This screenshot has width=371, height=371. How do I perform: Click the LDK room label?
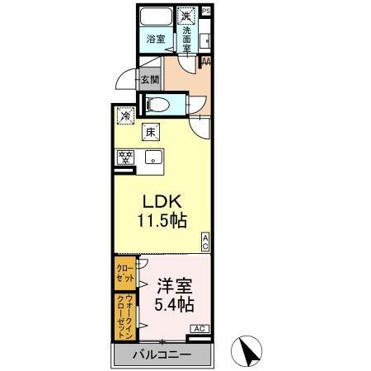[x=162, y=203]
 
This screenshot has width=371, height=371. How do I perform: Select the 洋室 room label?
[x=174, y=287]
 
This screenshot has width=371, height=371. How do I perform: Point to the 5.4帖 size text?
[x=174, y=305]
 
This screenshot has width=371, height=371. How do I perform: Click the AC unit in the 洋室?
[x=199, y=329]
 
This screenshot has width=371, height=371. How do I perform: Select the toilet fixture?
[x=160, y=104]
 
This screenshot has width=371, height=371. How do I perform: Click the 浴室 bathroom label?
[x=155, y=39]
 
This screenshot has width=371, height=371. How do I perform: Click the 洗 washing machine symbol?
[x=187, y=16]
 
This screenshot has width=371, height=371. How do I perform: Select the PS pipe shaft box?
[x=205, y=10]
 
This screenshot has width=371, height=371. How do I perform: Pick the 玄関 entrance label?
[x=148, y=80]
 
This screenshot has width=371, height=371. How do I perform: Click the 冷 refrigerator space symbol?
[x=124, y=116]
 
